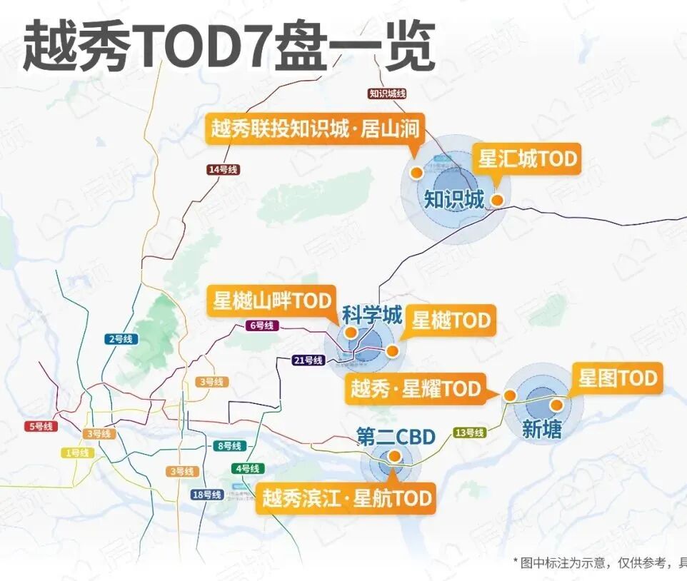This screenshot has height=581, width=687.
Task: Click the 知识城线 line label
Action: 388,94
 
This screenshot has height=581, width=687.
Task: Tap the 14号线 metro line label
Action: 223,170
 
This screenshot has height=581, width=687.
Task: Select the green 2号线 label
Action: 121,339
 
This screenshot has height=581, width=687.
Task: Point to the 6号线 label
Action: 261,325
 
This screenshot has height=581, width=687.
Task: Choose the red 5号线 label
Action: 41,426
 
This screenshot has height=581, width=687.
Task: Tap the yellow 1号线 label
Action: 76,453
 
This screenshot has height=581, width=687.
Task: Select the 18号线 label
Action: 206,495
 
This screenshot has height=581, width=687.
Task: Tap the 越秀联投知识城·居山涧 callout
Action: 314,129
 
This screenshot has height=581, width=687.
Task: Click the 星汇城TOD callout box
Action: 527,158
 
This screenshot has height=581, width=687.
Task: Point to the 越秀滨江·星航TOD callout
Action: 346,497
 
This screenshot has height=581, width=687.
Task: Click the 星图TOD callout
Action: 618,378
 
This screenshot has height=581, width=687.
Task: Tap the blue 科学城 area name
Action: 372,314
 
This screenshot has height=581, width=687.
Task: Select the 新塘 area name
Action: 542,428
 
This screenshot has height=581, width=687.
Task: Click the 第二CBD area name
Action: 396,436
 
